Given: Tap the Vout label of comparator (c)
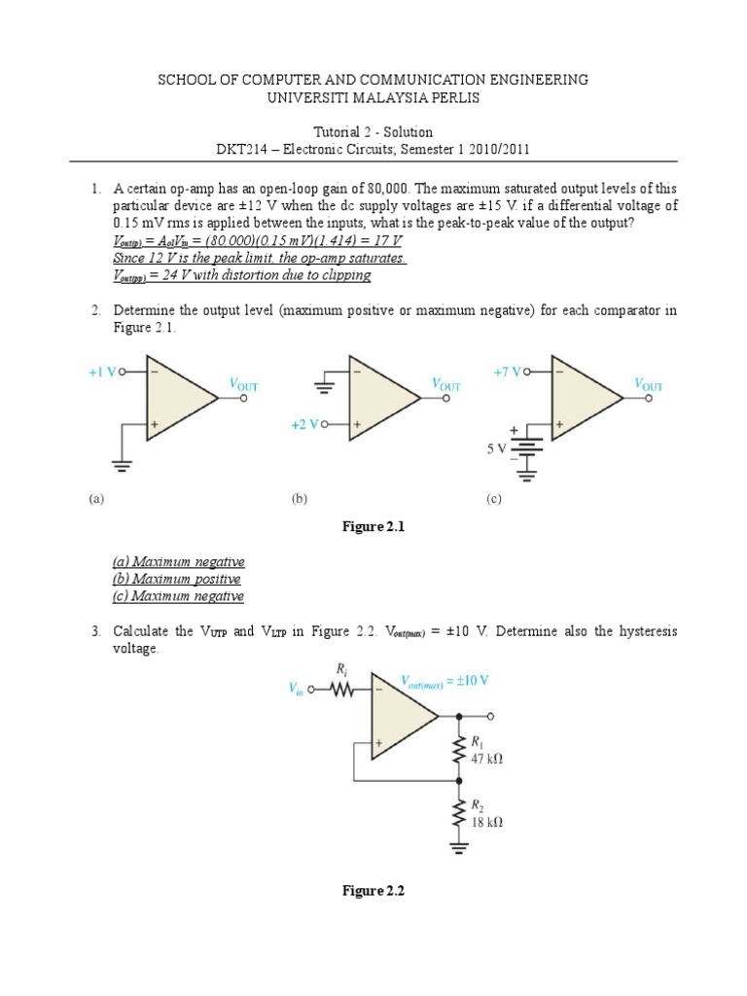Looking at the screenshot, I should pos(649,384).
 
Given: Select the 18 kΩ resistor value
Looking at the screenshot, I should pos(485,821).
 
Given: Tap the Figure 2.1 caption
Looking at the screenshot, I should pos(373,526).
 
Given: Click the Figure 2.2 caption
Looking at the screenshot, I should pos(373,892).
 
